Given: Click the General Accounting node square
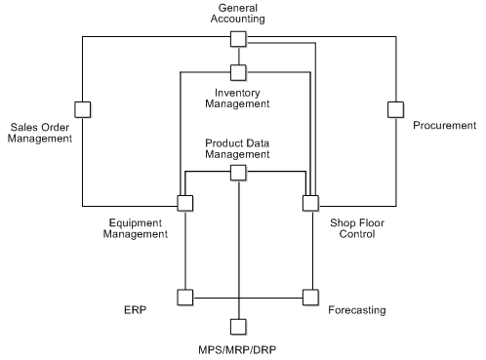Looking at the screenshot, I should point(237,38).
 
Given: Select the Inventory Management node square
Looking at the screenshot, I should point(237,71).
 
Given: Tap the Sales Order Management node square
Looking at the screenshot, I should point(82,107).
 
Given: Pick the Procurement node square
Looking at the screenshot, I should point(395,107).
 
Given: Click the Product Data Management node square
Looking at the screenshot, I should point(237,173).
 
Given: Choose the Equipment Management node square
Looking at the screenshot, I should point(184,203).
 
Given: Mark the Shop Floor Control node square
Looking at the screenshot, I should point(310,203).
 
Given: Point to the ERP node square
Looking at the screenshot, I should point(184,296).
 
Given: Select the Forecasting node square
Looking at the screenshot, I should point(310,296).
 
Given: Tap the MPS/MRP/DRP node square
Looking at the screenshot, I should point(237,327).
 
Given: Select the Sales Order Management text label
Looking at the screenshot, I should point(41,132).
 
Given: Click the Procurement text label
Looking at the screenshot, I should point(444,126).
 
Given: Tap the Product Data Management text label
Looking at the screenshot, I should point(237,148).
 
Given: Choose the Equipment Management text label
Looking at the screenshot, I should point(137,227).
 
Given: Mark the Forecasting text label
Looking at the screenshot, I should point(356,310).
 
